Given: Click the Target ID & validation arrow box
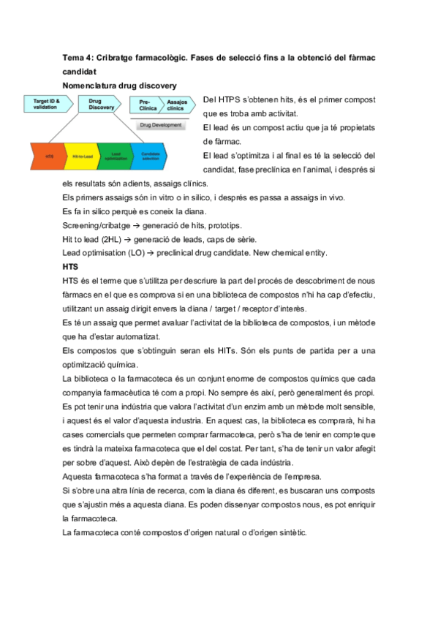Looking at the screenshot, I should point(48,104).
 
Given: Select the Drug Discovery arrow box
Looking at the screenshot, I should point(100,104).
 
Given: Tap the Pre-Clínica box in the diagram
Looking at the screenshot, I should point(145,104).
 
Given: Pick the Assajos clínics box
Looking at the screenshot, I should point(176,104).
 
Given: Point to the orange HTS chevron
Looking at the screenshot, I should point(50,156).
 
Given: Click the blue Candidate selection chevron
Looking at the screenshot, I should point(152,156).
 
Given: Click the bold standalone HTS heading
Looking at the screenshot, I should point(70,267).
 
